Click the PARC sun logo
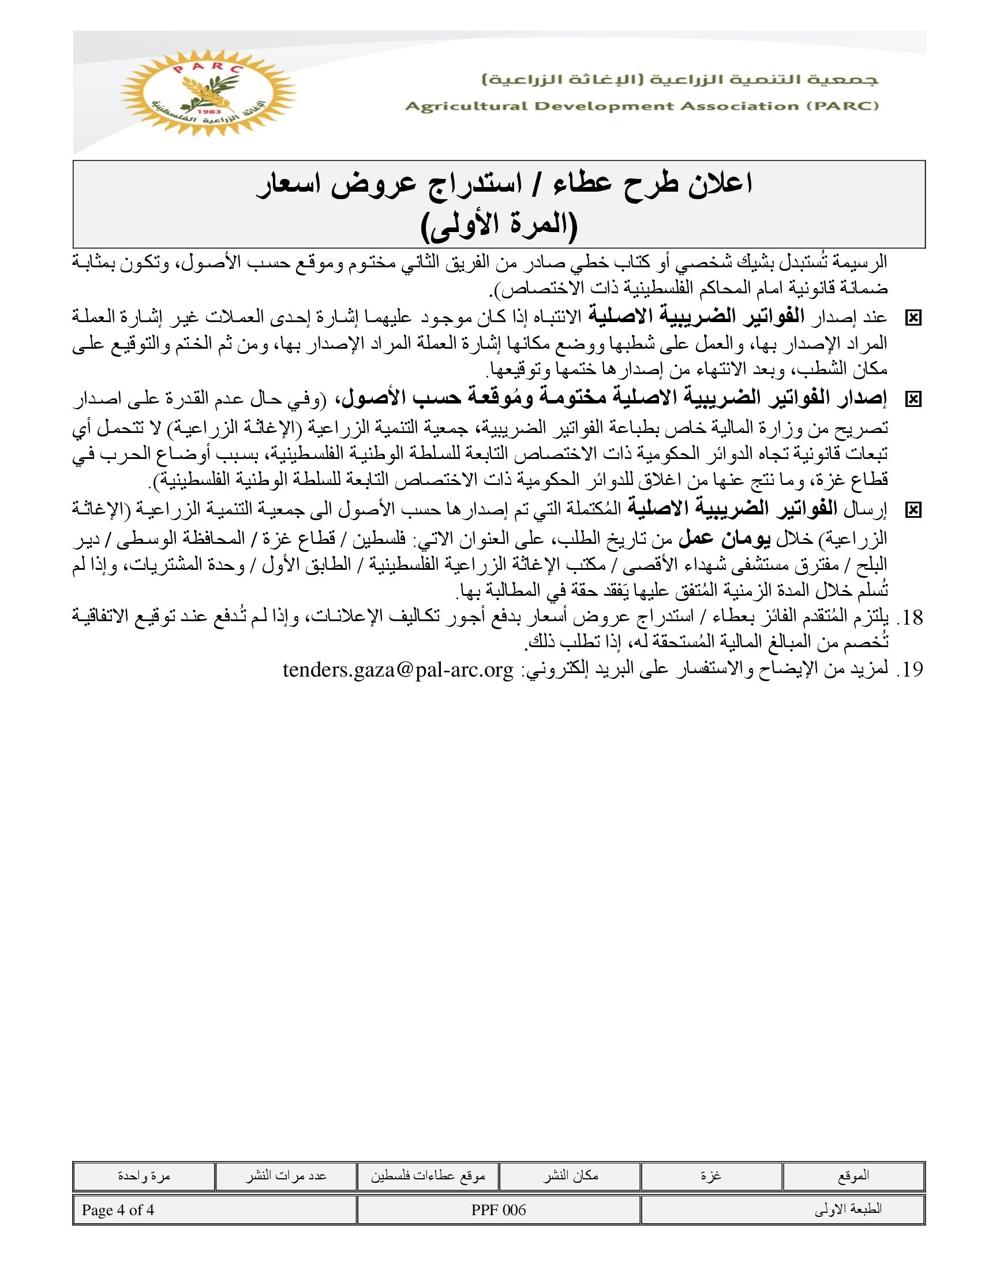(x=208, y=92)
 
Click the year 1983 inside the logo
(x=207, y=111)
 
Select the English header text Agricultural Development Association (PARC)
(x=642, y=106)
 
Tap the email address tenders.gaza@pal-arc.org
(x=398, y=670)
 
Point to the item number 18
(x=909, y=618)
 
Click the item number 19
(x=909, y=670)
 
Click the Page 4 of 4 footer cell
(x=118, y=1210)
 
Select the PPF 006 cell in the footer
(x=499, y=1210)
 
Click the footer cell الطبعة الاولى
(x=848, y=1210)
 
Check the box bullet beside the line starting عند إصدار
(x=913, y=318)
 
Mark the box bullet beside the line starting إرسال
(x=913, y=510)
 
